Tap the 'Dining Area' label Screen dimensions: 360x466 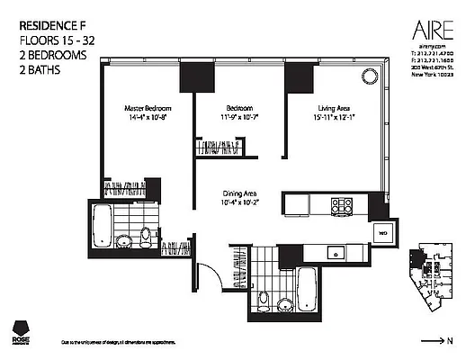239,192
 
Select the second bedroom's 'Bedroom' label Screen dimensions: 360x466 238,108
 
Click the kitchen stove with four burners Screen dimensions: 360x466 342,203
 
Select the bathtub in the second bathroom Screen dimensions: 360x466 307,287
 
